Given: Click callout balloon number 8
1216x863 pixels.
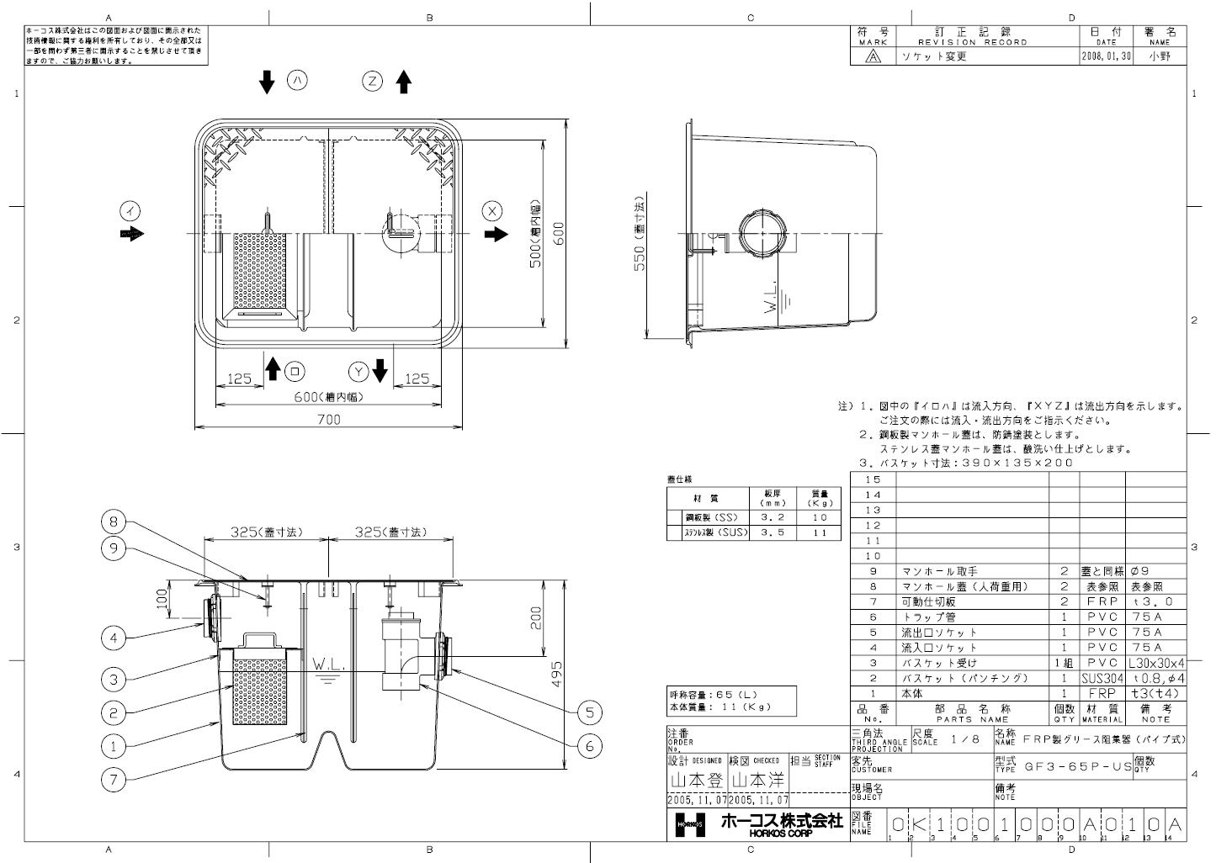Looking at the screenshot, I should click(x=114, y=522).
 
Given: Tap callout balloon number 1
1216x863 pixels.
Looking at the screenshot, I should click(x=114, y=745).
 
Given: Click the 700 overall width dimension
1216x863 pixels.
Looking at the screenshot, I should click(x=328, y=419).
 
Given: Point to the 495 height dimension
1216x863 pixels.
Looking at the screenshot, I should click(x=556, y=673).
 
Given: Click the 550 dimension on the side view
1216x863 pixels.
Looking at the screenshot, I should click(x=640, y=245).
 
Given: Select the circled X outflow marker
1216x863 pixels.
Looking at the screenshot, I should click(x=494, y=210).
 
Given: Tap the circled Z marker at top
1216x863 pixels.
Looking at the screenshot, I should click(x=373, y=82).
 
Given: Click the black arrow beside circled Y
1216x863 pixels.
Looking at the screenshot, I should click(x=380, y=370).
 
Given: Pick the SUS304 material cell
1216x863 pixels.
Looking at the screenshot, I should click(x=1102, y=678).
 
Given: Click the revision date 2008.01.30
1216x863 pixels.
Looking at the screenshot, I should click(x=1107, y=56).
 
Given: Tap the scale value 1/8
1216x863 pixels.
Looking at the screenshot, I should click(x=964, y=739).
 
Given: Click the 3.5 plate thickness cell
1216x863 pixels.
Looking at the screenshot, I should click(x=773, y=532).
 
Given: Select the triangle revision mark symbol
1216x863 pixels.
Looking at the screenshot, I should click(x=873, y=56).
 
